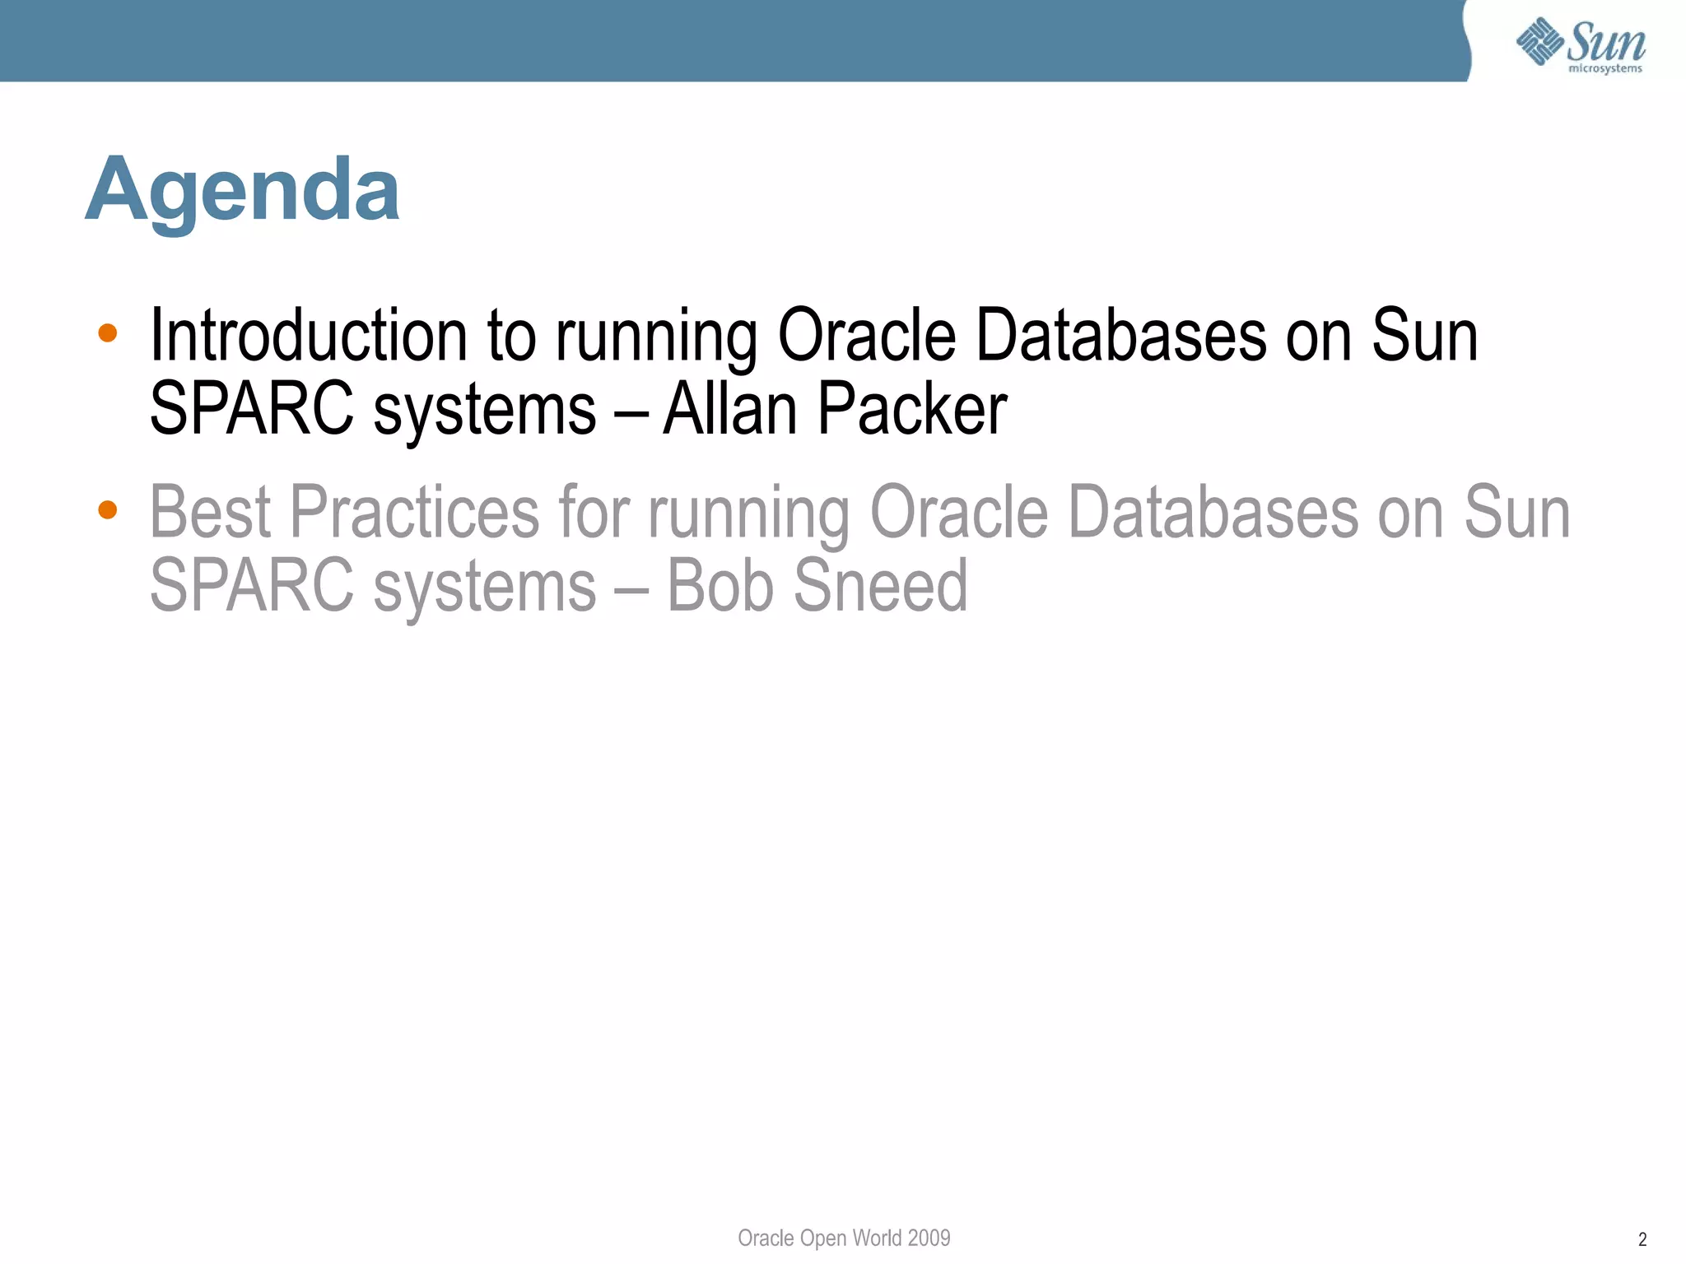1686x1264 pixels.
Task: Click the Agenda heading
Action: click(243, 191)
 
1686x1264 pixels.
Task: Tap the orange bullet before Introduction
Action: click(107, 333)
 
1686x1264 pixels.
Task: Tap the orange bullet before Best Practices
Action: click(107, 510)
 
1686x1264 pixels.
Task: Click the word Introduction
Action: click(309, 336)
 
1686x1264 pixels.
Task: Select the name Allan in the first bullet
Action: click(729, 409)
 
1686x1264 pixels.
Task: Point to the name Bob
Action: click(720, 585)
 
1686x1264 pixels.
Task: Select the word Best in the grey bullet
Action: click(210, 512)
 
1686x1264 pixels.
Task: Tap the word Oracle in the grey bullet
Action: click(958, 512)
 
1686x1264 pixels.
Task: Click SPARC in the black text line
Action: click(251, 409)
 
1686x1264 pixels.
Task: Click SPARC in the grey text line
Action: click(251, 585)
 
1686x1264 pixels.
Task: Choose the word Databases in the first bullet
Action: click(1120, 336)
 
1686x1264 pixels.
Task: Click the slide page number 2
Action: click(1642, 1239)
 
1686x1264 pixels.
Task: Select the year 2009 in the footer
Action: click(929, 1238)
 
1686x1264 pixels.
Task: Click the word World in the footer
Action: click(877, 1238)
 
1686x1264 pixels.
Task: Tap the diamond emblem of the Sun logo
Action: click(1539, 40)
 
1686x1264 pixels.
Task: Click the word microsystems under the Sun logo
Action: click(1604, 69)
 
